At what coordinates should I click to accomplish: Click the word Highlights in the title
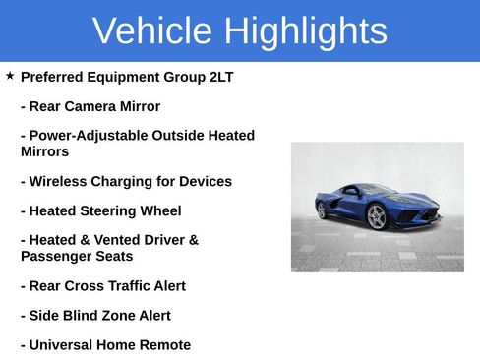click(304, 31)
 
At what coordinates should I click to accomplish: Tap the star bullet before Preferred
click(10, 75)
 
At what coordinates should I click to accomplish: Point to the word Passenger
click(56, 256)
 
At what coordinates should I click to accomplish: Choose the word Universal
click(65, 345)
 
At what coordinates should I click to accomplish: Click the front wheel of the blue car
click(377, 216)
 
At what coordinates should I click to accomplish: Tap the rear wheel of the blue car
click(321, 209)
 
